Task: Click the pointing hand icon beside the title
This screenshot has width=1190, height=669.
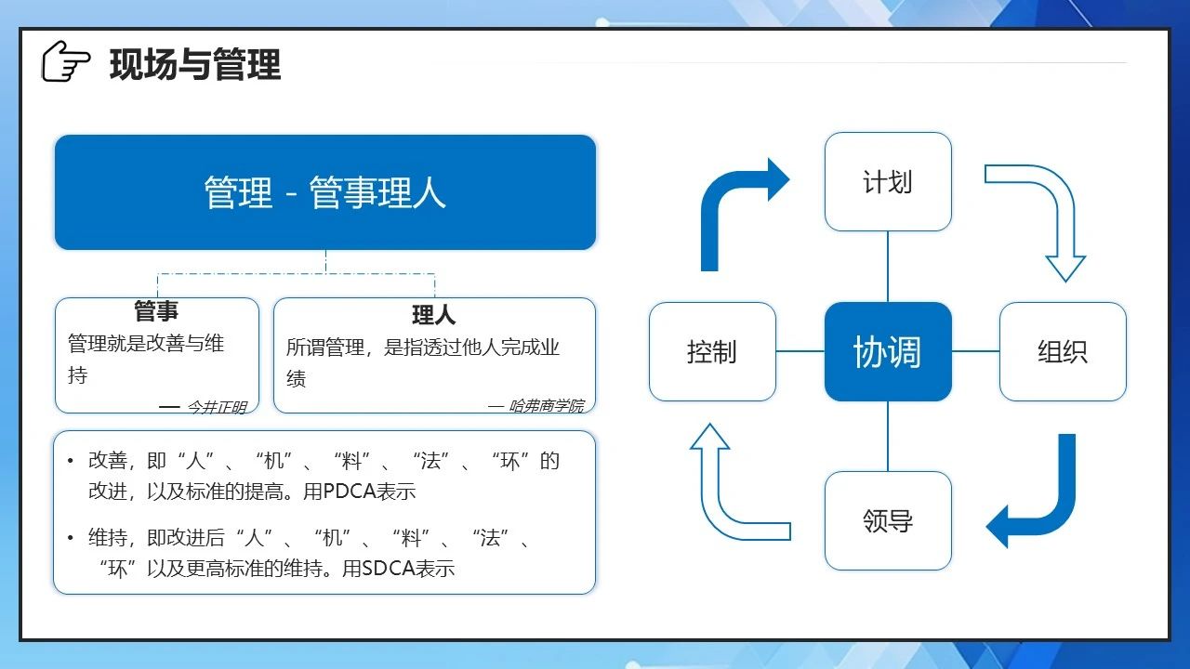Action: pos(66,61)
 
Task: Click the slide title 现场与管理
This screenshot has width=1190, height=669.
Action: pos(195,64)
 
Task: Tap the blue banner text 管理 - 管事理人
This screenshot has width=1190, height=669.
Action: pos(324,192)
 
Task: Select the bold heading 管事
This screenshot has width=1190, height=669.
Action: pos(156,310)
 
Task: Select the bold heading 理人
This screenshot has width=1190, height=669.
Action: pos(434,315)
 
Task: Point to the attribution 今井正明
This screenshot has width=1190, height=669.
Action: pos(217,407)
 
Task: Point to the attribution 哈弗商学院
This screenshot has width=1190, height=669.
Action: pos(547,406)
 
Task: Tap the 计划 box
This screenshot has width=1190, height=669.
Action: pos(888,181)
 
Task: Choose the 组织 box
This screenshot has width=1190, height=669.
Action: pos(1063,351)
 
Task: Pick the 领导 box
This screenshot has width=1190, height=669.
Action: pos(888,520)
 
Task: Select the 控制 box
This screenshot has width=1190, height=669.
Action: pos(712,351)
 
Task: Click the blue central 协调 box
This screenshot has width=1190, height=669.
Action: pos(888,351)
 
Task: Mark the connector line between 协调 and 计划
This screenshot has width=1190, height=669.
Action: pos(888,267)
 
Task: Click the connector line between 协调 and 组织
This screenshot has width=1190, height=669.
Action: pos(975,351)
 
